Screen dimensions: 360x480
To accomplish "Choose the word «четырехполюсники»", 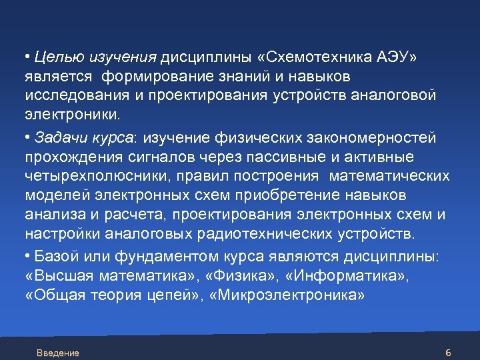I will (83, 177).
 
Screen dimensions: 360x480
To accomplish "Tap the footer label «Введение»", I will (58, 353).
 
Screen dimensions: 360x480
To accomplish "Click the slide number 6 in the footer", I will (448, 352).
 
